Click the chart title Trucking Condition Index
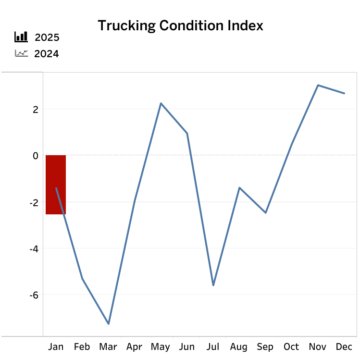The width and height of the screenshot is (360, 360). (180, 25)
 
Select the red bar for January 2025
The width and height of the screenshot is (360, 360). (56, 185)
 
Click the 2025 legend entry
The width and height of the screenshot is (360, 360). (47, 37)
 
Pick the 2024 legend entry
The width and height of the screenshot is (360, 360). (47, 53)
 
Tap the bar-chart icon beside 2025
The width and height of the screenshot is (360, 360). (21, 37)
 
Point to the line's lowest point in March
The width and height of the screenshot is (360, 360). (109, 323)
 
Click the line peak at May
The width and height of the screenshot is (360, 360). (161, 103)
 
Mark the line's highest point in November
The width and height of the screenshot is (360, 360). (318, 85)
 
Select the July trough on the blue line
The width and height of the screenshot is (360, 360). (213, 285)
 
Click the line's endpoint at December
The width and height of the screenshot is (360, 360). (344, 93)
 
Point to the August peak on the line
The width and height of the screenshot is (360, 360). (239, 187)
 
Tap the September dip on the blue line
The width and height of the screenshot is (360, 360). (265, 212)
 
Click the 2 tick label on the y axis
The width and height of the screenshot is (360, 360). (35, 109)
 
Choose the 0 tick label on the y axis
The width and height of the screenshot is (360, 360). (35, 156)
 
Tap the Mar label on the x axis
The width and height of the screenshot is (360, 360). (108, 347)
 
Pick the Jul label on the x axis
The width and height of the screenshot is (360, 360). (213, 347)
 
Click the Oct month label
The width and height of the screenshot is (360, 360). (291, 347)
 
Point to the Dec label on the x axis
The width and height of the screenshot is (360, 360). (344, 347)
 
